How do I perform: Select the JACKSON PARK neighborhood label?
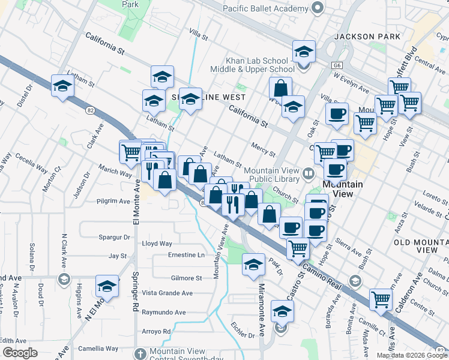(367, 37)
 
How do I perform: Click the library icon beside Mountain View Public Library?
(309, 174)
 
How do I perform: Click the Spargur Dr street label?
(118, 238)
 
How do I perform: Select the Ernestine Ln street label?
(187, 255)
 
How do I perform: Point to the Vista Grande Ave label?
(167, 293)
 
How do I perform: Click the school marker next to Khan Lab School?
(304, 52)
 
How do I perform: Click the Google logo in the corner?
(20, 353)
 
